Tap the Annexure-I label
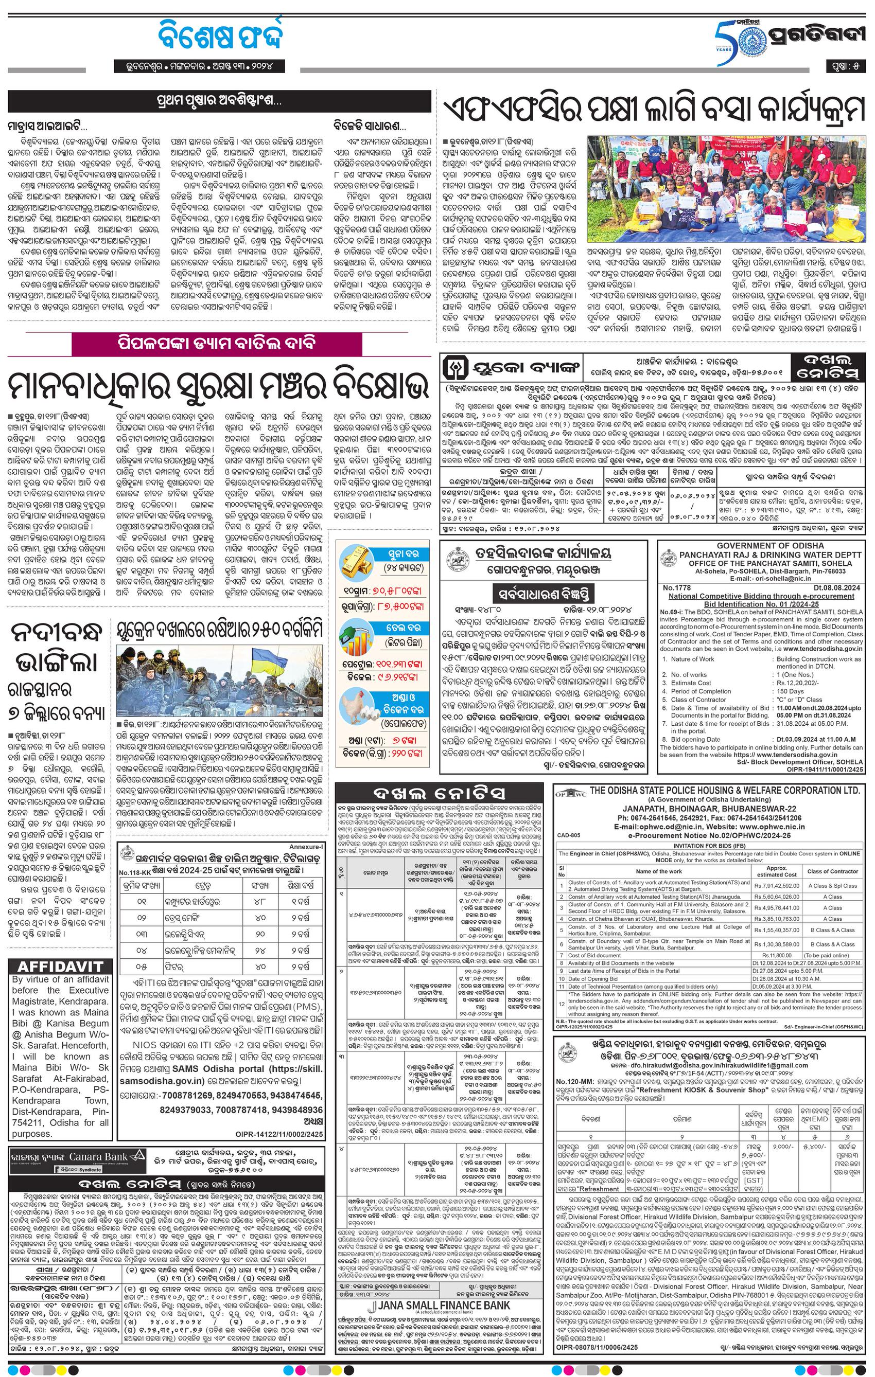click(306, 845)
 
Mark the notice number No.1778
click(676, 588)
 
